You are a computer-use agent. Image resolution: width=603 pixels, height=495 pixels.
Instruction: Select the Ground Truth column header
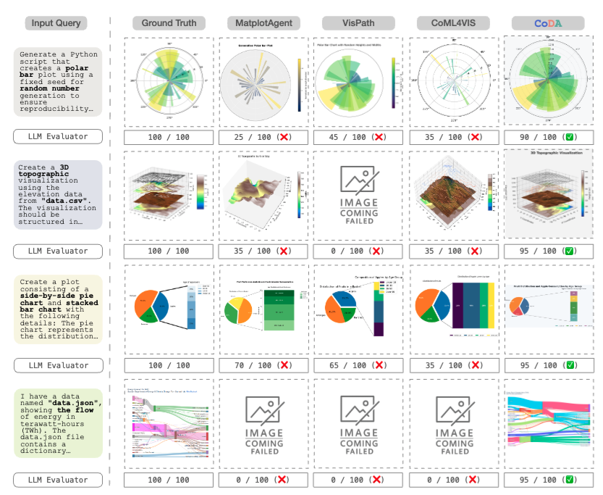pyautogui.click(x=168, y=23)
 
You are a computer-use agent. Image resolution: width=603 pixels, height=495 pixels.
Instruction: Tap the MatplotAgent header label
pyautogui.click(x=263, y=23)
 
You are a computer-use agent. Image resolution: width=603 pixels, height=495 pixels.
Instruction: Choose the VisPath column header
pyautogui.click(x=358, y=23)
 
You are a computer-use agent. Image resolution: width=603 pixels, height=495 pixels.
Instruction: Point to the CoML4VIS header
pyautogui.click(x=453, y=23)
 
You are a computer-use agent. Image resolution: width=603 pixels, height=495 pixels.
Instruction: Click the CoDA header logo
pyautogui.click(x=548, y=23)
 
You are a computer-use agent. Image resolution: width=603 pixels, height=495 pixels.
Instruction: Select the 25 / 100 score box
pyautogui.click(x=263, y=136)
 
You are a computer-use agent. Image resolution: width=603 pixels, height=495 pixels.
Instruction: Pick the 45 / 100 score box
pyautogui.click(x=358, y=136)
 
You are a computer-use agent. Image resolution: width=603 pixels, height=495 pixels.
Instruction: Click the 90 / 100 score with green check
pyautogui.click(x=548, y=136)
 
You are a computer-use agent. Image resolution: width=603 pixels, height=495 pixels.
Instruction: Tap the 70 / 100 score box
pyautogui.click(x=263, y=366)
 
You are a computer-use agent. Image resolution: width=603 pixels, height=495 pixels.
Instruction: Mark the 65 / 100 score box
pyautogui.click(x=358, y=366)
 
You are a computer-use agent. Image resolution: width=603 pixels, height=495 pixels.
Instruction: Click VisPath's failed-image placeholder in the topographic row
pyautogui.click(x=358, y=194)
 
